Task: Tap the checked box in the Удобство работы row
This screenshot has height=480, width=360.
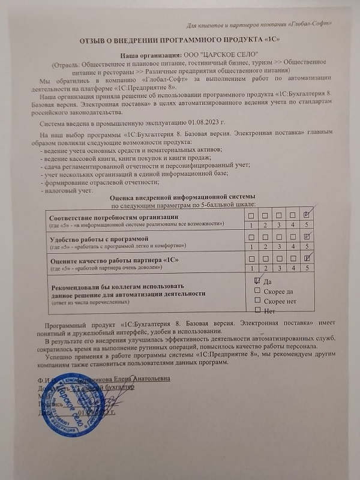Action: [x=307, y=236]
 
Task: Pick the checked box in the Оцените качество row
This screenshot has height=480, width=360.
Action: [x=307, y=259]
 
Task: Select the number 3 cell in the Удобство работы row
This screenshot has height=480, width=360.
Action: [x=279, y=246]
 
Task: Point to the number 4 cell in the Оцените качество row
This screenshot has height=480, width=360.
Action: [x=293, y=268]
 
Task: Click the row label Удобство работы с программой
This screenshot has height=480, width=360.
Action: [x=96, y=238]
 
